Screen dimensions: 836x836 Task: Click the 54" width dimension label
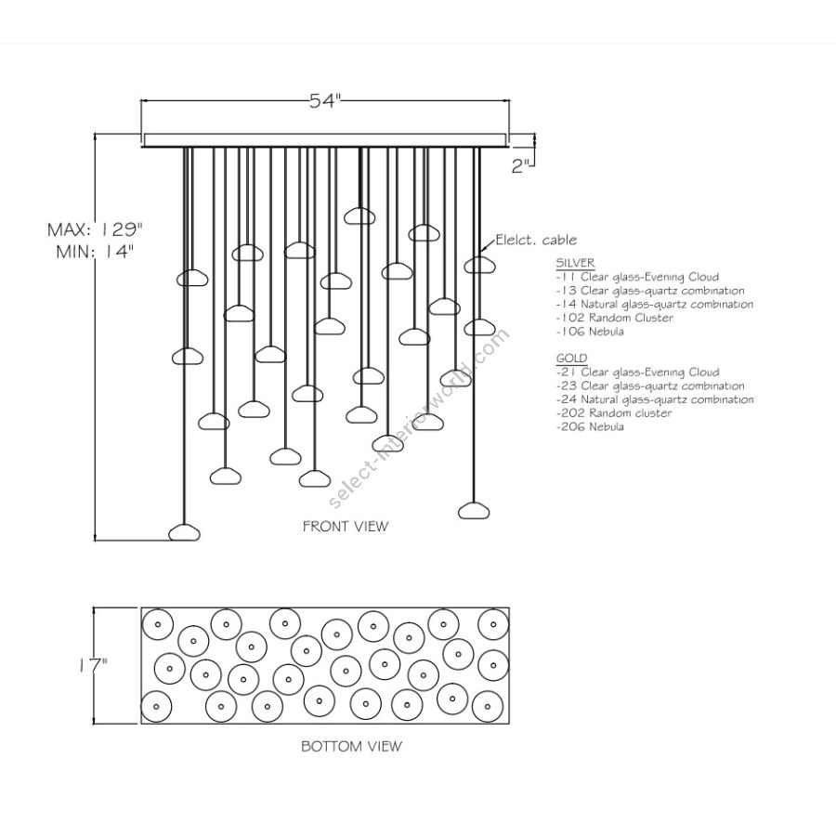pos(326,103)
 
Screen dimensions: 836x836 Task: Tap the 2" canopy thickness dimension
pos(521,166)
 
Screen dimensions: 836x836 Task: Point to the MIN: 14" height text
pos(97,253)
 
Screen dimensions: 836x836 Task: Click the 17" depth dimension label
pos(93,664)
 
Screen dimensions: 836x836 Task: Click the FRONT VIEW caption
pos(346,526)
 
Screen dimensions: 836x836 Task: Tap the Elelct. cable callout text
pos(536,241)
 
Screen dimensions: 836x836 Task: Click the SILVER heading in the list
pos(575,263)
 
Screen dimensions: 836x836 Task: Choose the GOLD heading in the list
pos(571,359)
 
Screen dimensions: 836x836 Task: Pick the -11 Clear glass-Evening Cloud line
pos(637,277)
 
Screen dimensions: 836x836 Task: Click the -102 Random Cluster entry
pos(614,318)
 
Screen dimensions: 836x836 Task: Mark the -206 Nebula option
pos(590,427)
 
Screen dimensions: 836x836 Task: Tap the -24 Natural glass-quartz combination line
pos(655,399)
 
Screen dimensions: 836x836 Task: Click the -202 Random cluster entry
pos(614,413)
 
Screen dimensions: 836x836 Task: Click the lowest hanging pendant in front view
pos(185,532)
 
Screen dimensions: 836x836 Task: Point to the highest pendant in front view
pos(359,216)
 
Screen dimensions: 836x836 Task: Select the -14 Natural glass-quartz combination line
pos(654,304)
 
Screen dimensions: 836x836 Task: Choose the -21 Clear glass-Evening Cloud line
pos(637,372)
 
